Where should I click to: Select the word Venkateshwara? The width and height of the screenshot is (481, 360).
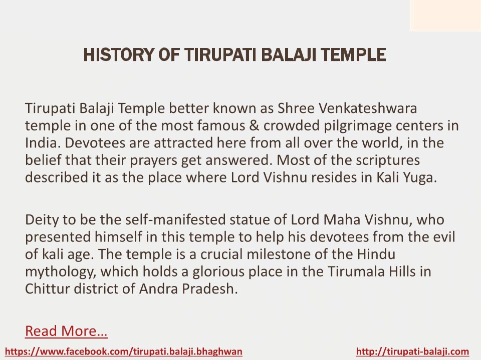[368, 108]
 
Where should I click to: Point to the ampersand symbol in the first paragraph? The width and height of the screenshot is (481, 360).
[254, 125]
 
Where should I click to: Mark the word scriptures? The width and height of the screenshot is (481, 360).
[388, 160]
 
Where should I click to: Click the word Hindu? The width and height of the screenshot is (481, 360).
[376, 254]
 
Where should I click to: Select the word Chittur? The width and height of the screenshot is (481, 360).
[48, 288]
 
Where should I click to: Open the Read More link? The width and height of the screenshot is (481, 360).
[66, 331]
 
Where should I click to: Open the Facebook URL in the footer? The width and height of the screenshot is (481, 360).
[124, 351]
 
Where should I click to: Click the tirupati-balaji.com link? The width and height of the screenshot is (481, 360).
[412, 351]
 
